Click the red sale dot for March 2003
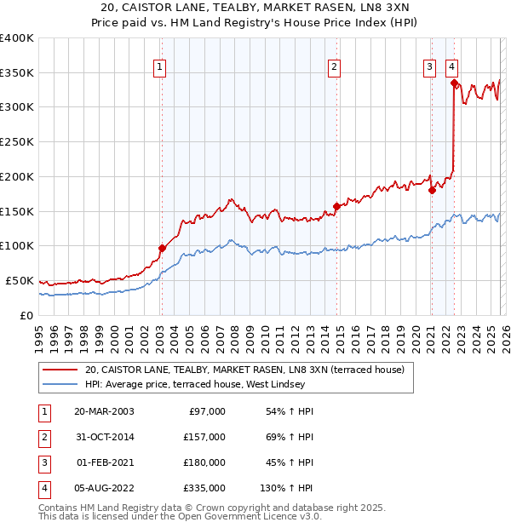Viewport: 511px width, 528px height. coord(162,248)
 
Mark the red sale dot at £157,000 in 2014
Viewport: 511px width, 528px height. coord(336,206)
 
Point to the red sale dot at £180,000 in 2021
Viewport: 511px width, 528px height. coord(432,190)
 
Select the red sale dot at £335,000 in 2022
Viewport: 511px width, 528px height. coord(454,83)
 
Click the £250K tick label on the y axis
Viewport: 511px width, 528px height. coord(17,142)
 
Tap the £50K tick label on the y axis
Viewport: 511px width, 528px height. coord(20,280)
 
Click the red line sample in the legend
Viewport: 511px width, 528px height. coord(61,370)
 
